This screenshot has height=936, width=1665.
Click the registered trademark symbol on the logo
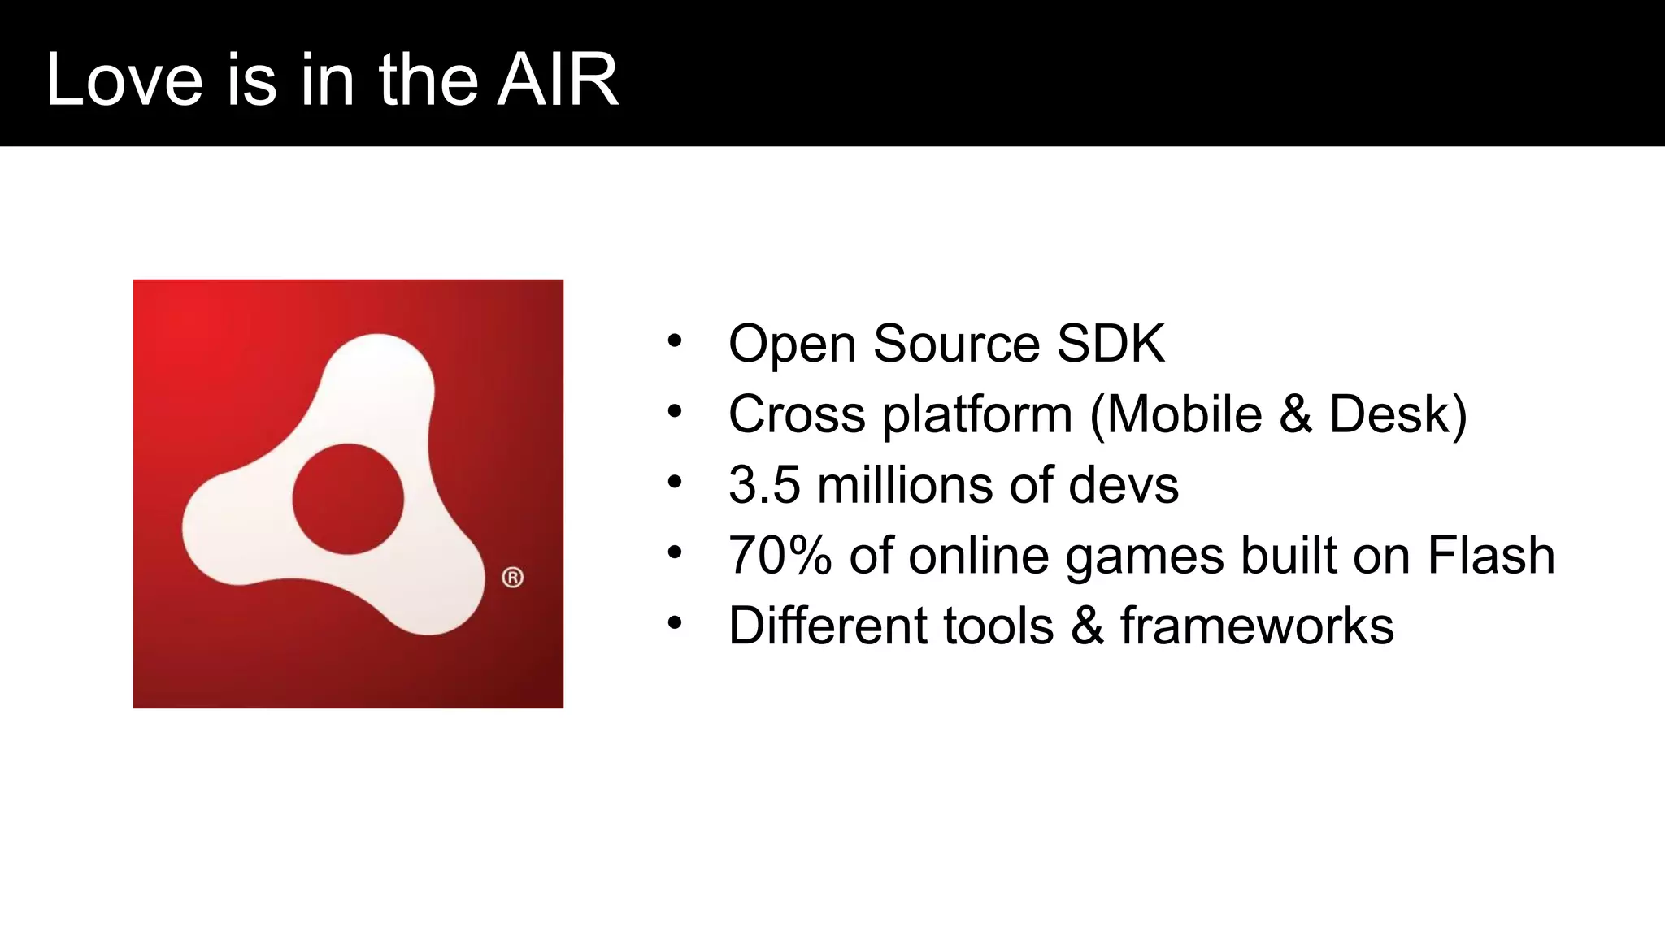(x=512, y=578)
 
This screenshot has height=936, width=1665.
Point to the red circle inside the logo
(x=348, y=499)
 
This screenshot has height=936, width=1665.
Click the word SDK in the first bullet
(x=1111, y=344)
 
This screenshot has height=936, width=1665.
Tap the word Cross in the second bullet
(x=797, y=414)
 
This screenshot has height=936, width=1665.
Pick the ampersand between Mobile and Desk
(x=1296, y=414)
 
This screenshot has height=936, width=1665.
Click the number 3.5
(x=764, y=485)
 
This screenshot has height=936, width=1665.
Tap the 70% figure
(x=780, y=556)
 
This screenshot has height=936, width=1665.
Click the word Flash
(x=1491, y=556)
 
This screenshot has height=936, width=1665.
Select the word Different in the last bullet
(x=826, y=626)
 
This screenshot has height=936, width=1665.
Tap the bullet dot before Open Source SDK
(x=674, y=341)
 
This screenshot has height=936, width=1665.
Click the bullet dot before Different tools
(x=674, y=624)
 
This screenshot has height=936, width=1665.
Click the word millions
(x=904, y=485)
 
